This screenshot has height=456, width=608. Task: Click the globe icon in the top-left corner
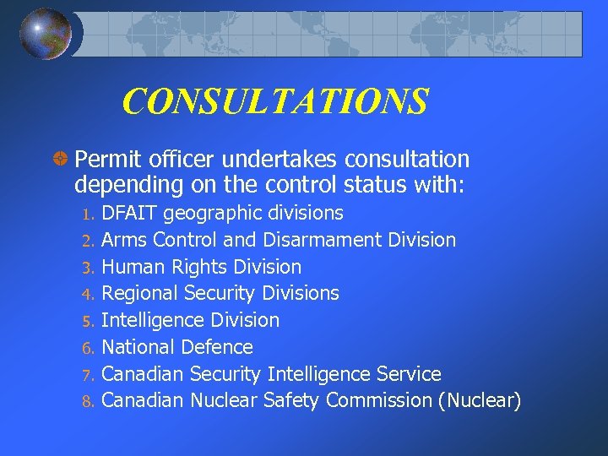tap(46, 33)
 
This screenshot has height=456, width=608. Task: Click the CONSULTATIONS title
tap(275, 102)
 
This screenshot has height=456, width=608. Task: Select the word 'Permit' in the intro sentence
tap(103, 159)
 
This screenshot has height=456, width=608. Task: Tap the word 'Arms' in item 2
tap(124, 240)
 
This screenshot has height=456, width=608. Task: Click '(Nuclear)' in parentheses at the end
tap(479, 400)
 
